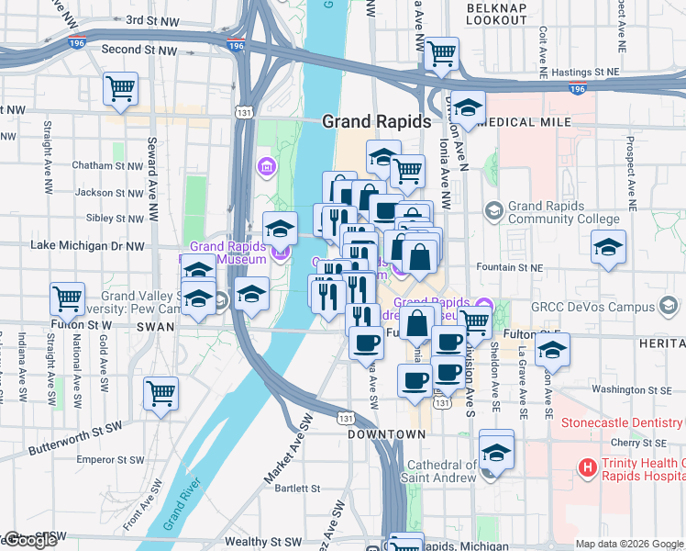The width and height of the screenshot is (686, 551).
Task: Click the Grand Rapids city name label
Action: [376, 121]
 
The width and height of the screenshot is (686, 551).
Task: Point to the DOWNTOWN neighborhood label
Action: [386, 433]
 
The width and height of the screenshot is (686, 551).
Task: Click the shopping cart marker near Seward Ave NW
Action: [120, 89]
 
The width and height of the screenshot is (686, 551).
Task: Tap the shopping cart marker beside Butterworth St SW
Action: [161, 394]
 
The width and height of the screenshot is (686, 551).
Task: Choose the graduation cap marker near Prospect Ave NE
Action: [608, 248]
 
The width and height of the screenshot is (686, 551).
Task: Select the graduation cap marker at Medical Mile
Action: [468, 108]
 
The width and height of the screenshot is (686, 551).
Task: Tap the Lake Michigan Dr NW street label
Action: [87, 245]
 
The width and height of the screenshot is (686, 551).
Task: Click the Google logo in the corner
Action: [29, 541]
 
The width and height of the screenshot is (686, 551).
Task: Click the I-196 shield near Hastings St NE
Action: [577, 89]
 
